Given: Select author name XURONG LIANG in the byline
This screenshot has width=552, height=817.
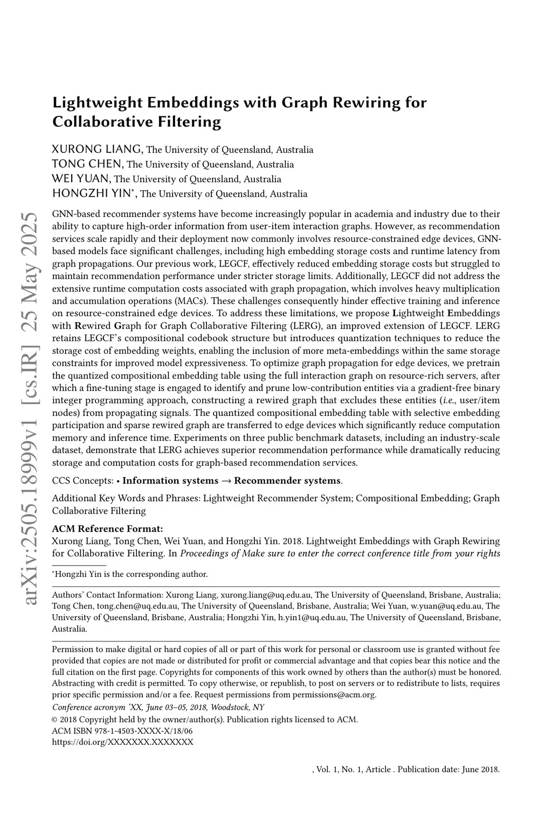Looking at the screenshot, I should (97, 149).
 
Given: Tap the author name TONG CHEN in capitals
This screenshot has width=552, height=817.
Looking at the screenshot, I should (88, 164).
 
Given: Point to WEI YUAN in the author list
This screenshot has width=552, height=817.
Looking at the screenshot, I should (81, 178).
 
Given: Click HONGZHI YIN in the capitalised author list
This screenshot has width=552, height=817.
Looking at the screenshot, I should (93, 193).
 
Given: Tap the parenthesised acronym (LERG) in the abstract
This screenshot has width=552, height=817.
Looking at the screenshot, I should (319, 325).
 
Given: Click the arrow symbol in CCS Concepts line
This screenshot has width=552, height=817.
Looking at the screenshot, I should (226, 480).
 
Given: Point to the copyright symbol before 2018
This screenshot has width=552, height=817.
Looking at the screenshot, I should (54, 720).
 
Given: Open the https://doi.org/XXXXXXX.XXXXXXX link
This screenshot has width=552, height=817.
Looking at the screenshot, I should (122, 742).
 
